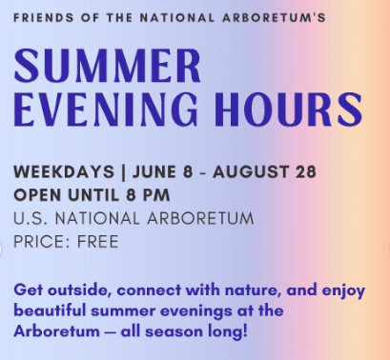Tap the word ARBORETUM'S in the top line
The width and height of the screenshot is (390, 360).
click(274, 18)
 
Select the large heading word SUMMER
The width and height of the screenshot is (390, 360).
click(108, 66)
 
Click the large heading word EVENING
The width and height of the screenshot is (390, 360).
click(106, 110)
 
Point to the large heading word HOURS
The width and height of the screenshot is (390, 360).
click(288, 110)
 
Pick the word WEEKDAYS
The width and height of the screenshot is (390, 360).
click(64, 171)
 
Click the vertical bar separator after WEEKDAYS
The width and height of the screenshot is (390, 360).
click(123, 172)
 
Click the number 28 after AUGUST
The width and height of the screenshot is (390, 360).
click(306, 171)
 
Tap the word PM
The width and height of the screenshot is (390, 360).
click(156, 195)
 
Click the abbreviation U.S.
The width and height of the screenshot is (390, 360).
click(31, 218)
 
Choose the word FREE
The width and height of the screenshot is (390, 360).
click(98, 242)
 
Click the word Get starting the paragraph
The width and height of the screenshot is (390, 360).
click(28, 290)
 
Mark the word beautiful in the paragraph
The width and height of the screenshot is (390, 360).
click(50, 310)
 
